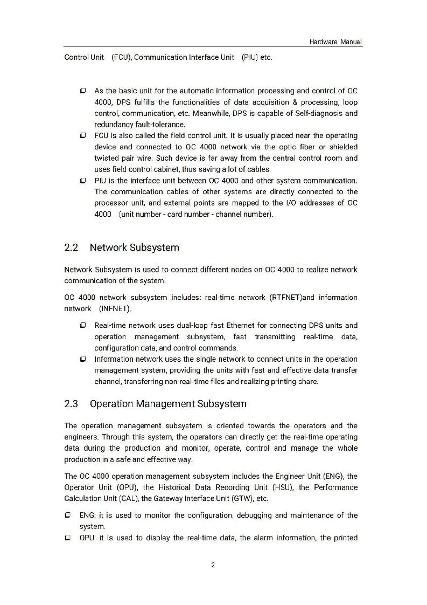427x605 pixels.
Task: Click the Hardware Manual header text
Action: pyautogui.click(x=335, y=42)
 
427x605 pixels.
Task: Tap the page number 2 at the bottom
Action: pyautogui.click(x=213, y=565)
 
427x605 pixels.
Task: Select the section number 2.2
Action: pyautogui.click(x=71, y=247)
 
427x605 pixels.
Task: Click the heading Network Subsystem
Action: pyautogui.click(x=134, y=247)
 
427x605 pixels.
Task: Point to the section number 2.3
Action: pyautogui.click(x=71, y=404)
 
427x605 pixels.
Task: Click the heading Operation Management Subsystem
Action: pyautogui.click(x=168, y=404)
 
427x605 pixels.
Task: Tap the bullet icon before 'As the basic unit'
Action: pyautogui.click(x=83, y=91)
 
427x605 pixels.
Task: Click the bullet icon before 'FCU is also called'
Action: pyautogui.click(x=83, y=135)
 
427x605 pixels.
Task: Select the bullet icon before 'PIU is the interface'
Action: pyautogui.click(x=83, y=180)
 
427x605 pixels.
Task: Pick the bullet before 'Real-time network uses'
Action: pyautogui.click(x=83, y=325)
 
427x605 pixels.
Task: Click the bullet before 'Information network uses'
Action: pyautogui.click(x=83, y=359)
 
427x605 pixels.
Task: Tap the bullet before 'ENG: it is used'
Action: pyautogui.click(x=68, y=515)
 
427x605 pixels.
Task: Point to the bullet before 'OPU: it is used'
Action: pyautogui.click(x=68, y=538)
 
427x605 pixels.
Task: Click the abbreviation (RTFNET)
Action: pyautogui.click(x=285, y=298)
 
